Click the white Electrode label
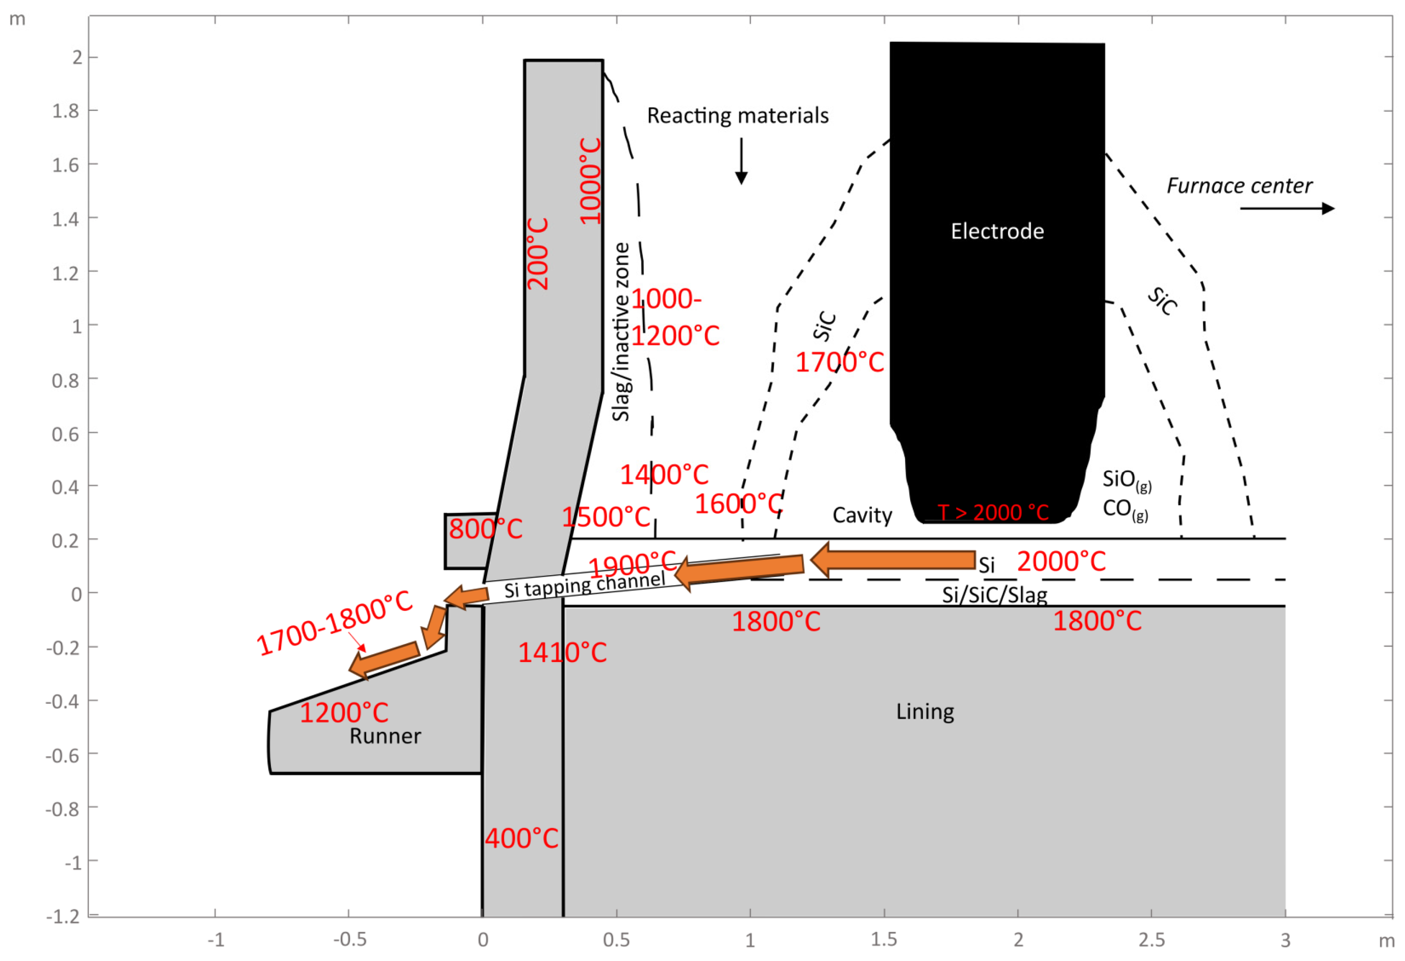(997, 231)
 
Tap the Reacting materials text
(738, 115)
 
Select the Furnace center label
(1239, 186)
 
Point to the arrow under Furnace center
(1287, 209)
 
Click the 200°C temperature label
(537, 254)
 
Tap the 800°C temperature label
(486, 529)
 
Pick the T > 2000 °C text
(993, 513)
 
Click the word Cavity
(862, 515)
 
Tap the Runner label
(385, 736)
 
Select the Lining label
(925, 711)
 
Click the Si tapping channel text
(585, 584)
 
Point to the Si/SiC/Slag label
(994, 595)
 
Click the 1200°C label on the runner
(344, 712)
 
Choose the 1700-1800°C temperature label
(334, 623)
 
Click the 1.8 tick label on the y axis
(65, 111)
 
